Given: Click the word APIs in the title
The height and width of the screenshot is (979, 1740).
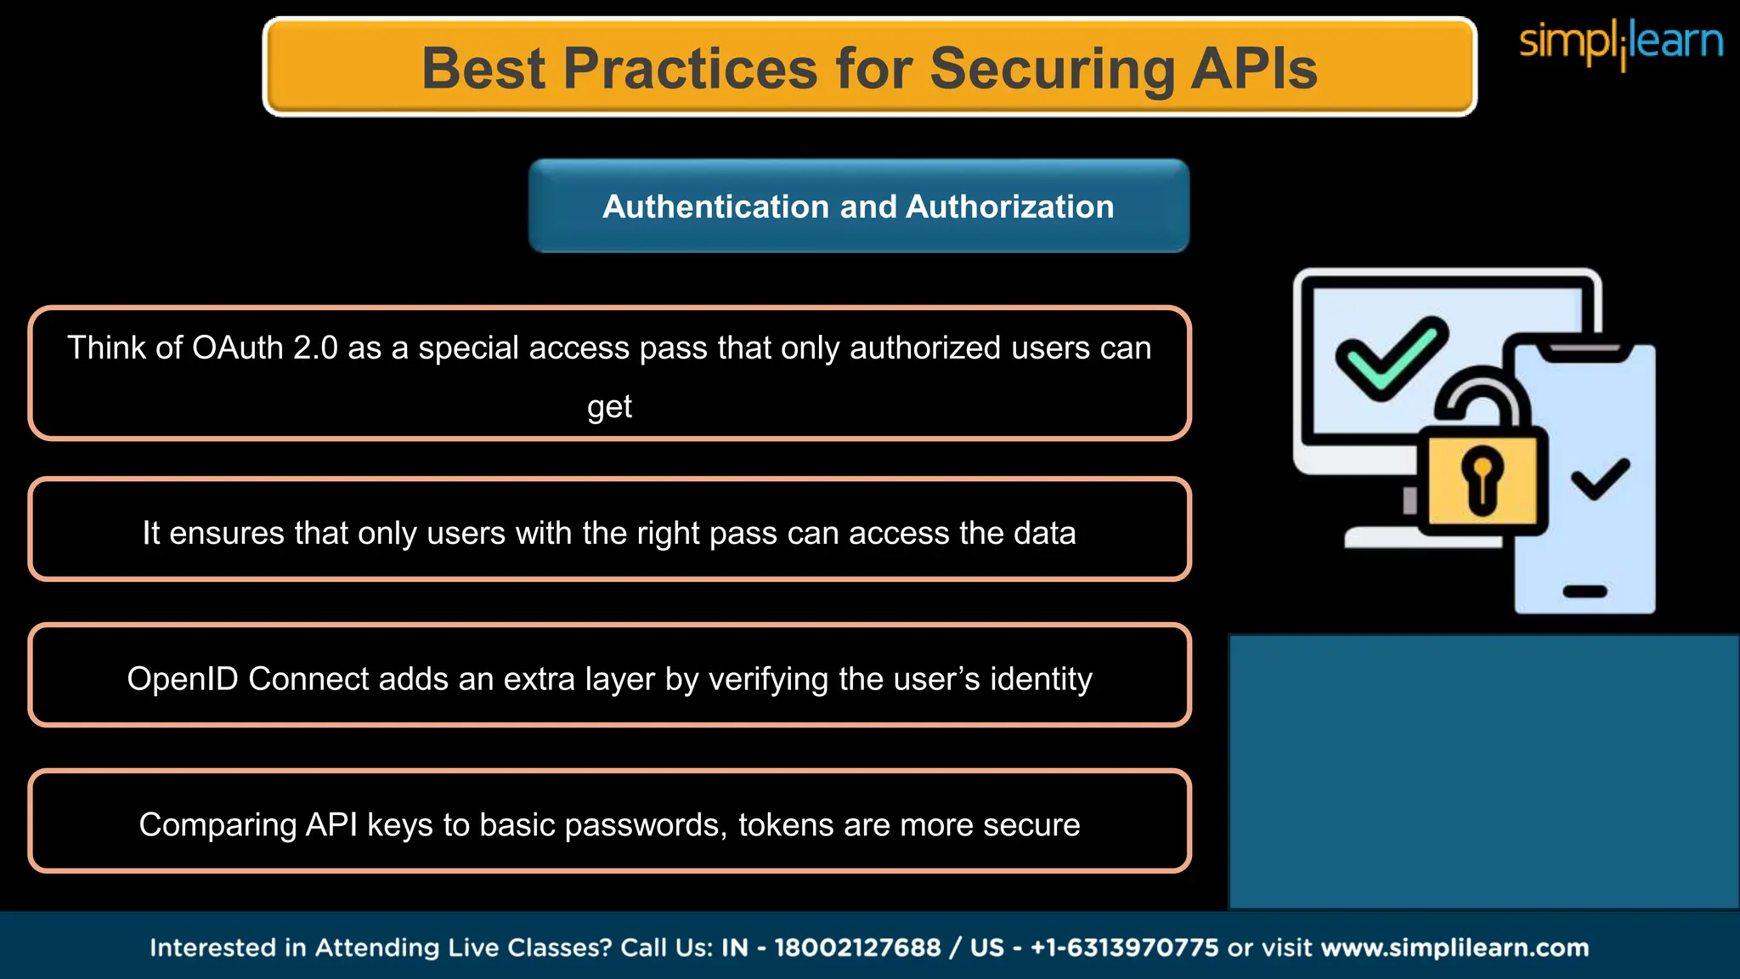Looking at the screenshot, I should click(1254, 68).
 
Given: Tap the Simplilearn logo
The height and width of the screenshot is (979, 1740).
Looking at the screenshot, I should click(1620, 42).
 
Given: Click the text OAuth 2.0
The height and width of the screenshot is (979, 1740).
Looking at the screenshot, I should click(265, 348).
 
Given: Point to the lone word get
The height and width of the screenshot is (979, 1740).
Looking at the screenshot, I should click(609, 406).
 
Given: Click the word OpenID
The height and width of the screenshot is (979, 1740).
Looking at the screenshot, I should click(183, 679).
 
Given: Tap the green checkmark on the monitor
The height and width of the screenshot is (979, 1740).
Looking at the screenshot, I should click(1391, 358).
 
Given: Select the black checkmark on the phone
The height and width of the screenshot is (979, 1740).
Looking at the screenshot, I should click(1601, 479).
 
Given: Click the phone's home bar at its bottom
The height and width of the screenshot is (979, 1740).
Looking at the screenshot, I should click(1585, 591).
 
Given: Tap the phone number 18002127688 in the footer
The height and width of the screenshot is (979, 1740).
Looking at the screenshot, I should click(857, 948).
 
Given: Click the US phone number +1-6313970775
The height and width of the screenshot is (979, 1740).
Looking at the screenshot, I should click(1125, 948).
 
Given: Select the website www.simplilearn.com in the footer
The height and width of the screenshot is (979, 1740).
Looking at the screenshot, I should click(1455, 948).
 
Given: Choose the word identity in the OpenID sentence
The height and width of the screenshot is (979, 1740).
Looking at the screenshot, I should click(1041, 679).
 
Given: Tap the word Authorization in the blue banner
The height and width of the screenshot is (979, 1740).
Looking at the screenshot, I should click(1009, 207).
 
